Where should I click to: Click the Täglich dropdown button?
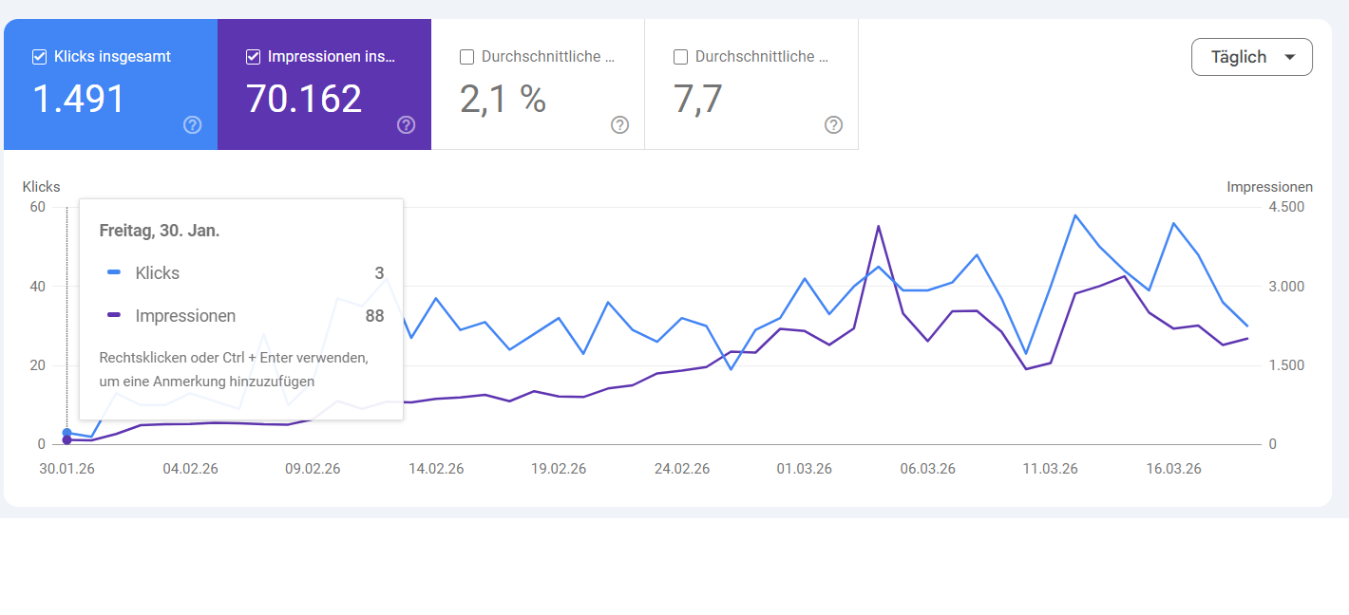(x=1251, y=57)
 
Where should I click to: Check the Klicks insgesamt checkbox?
(x=40, y=57)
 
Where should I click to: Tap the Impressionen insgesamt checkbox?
(x=253, y=57)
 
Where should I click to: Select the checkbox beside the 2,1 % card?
(x=466, y=57)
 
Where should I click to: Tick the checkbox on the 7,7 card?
(x=680, y=57)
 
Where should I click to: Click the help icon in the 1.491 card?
(x=193, y=125)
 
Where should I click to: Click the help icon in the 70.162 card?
(x=407, y=125)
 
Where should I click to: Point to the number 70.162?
(x=304, y=99)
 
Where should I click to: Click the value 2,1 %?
(x=503, y=99)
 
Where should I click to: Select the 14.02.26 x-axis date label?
(x=435, y=469)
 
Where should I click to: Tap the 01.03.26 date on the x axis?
(x=804, y=469)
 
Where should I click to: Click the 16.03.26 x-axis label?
(x=1173, y=469)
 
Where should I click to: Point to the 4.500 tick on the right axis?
(x=1286, y=207)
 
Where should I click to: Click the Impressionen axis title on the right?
(x=1269, y=187)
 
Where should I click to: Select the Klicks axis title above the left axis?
(x=41, y=187)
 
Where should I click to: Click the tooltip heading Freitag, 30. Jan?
(x=160, y=231)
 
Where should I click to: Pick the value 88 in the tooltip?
(x=374, y=316)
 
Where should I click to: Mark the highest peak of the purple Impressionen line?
(x=878, y=226)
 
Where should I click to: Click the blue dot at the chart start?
(x=66, y=433)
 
